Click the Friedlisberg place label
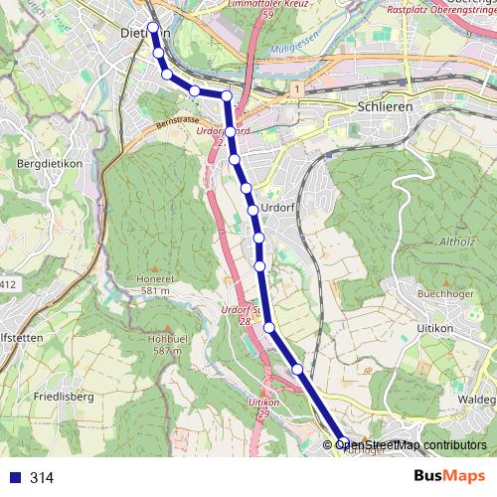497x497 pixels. [63, 396]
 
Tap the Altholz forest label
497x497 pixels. [457, 240]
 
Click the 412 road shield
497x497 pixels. [8, 285]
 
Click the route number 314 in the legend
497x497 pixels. [42, 478]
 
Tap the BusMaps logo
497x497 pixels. [448, 476]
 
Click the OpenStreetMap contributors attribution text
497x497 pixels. [411, 444]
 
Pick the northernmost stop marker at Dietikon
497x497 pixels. [152, 27]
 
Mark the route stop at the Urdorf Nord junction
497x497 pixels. [230, 131]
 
